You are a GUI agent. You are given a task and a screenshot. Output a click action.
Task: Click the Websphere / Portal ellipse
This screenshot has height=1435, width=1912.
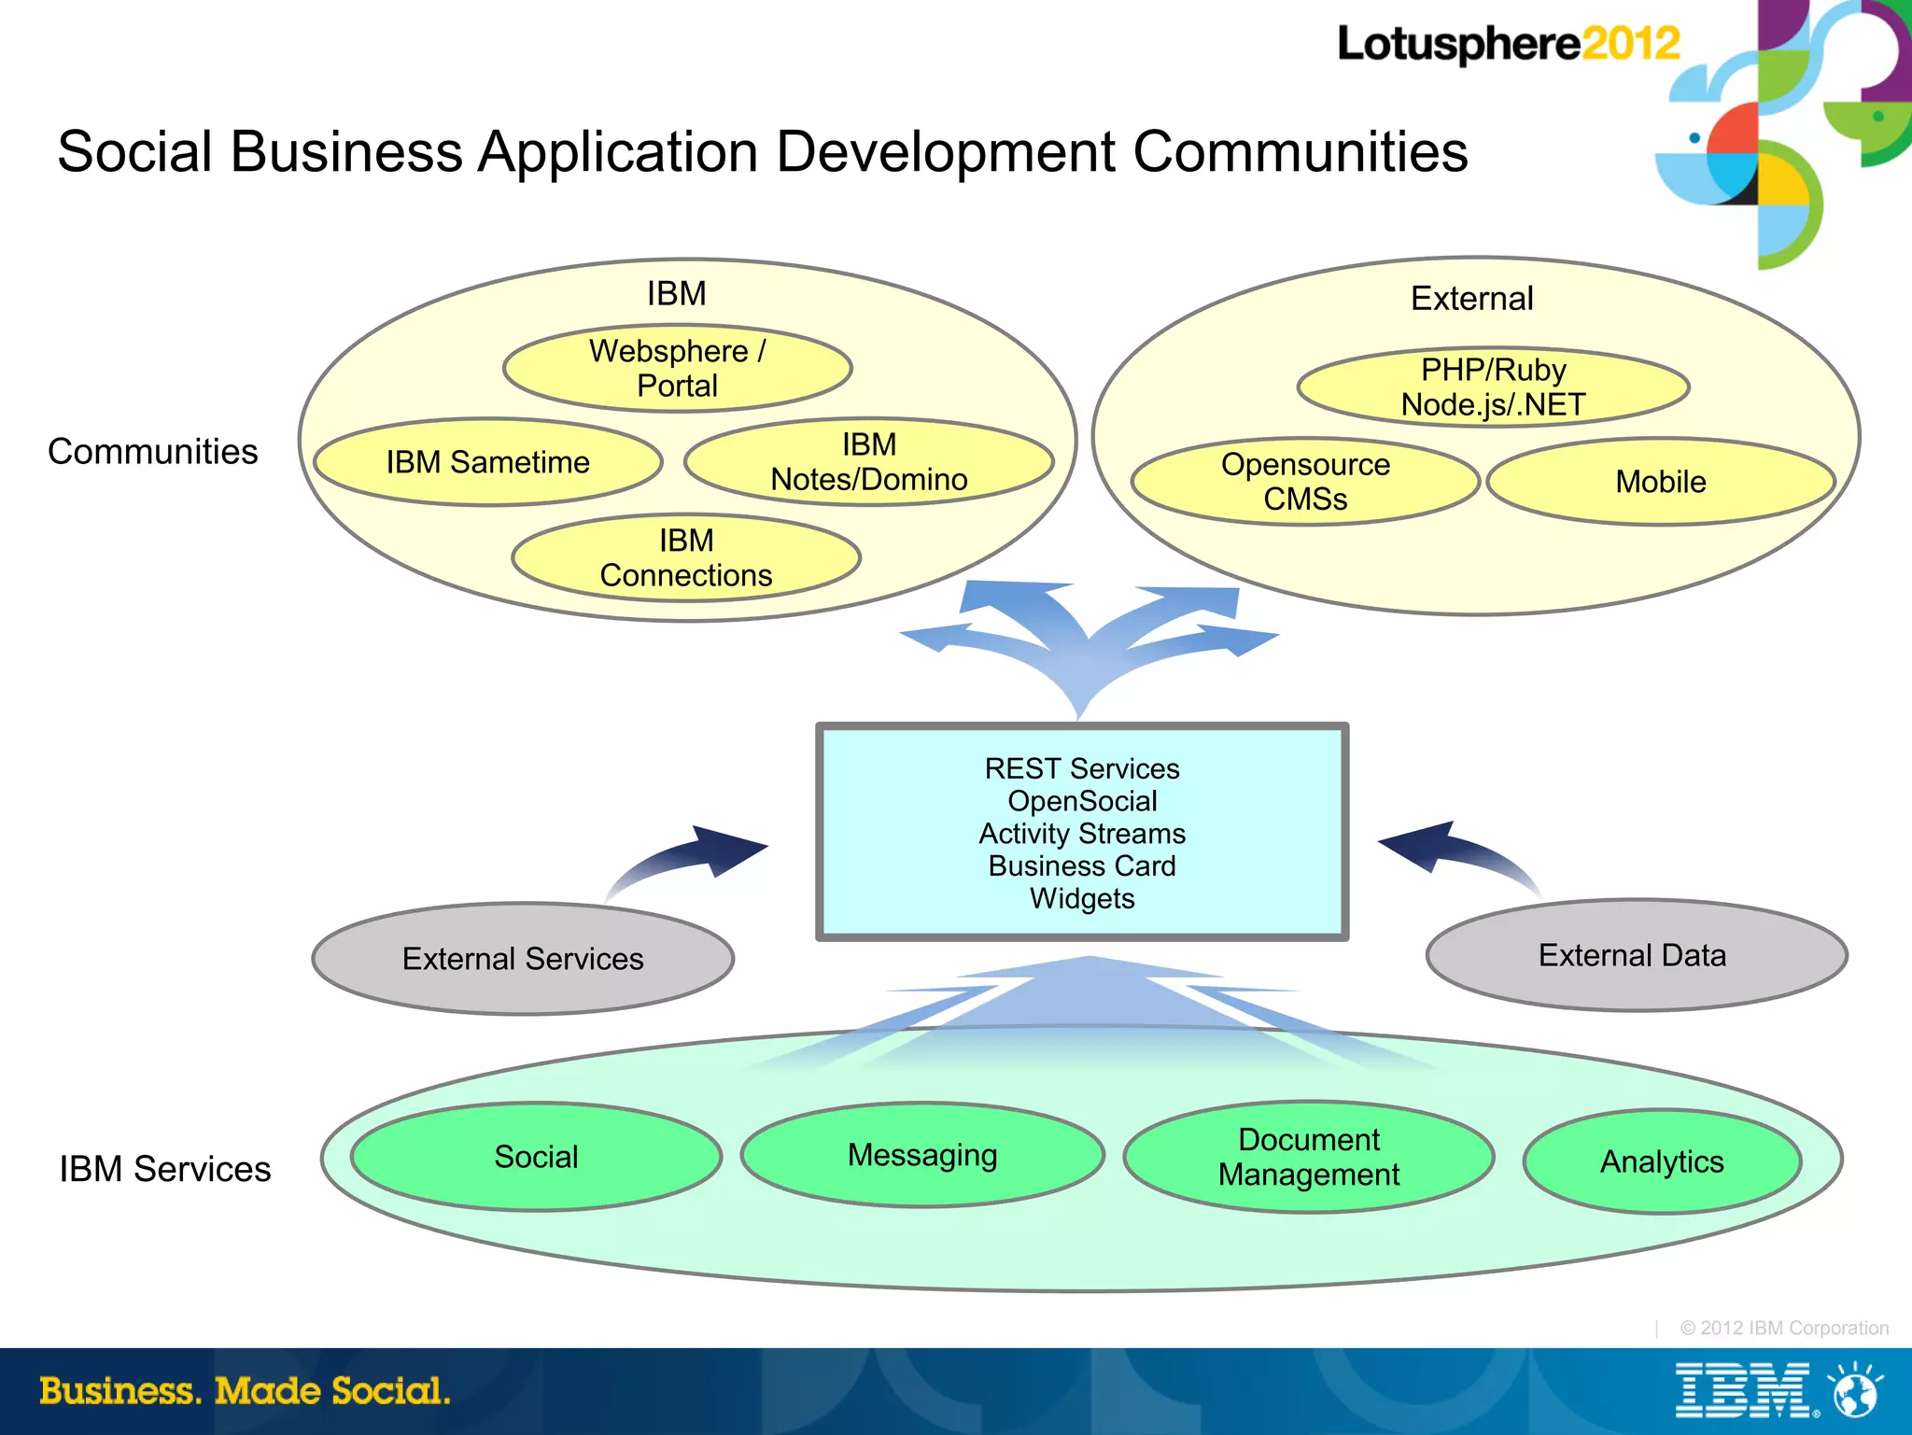(677, 368)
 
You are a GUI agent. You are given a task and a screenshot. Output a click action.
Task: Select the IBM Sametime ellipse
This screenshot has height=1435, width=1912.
(487, 462)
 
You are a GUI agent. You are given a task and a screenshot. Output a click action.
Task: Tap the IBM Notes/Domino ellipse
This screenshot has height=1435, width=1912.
(868, 462)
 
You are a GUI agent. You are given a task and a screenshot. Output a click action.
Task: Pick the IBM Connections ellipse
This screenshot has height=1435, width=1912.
(685, 557)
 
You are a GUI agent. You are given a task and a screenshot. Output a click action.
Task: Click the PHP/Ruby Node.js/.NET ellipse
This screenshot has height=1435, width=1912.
(1492, 387)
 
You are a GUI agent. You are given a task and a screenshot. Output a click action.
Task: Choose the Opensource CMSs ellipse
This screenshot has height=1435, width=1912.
(1304, 482)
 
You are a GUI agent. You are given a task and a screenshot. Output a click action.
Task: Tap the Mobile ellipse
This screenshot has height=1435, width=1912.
(1660, 482)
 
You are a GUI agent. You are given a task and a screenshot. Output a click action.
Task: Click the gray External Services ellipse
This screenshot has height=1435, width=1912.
(523, 959)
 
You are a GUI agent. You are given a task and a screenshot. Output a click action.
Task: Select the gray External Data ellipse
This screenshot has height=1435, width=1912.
(1635, 955)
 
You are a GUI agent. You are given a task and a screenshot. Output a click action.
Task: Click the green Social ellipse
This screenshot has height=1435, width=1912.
(536, 1157)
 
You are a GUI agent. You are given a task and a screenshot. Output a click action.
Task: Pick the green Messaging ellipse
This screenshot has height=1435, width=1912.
(921, 1155)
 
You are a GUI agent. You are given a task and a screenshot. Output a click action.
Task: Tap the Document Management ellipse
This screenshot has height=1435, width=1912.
(1308, 1157)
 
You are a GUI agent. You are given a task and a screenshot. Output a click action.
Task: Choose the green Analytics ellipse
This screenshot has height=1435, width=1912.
(1661, 1161)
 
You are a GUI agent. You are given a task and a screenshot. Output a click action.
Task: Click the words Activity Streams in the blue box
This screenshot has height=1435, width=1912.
(1081, 833)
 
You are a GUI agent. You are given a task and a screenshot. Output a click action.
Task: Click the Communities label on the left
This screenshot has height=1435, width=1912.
(152, 452)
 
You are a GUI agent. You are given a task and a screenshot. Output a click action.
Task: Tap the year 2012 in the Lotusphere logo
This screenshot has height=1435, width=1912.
(1630, 44)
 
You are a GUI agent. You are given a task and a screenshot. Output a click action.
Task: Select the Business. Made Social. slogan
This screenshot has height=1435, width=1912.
(245, 1391)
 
